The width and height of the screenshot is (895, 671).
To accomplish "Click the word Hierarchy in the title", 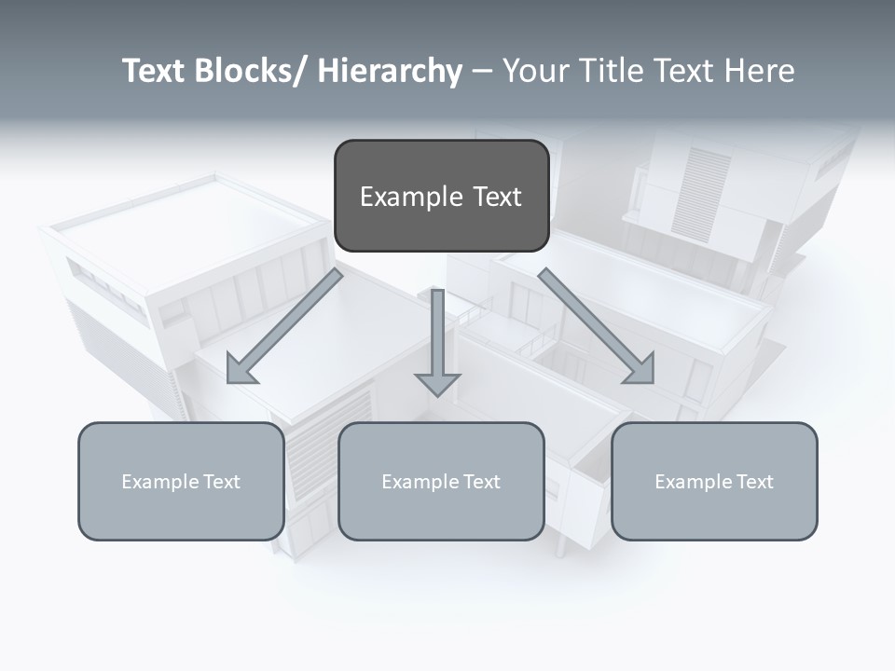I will pos(390,72).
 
